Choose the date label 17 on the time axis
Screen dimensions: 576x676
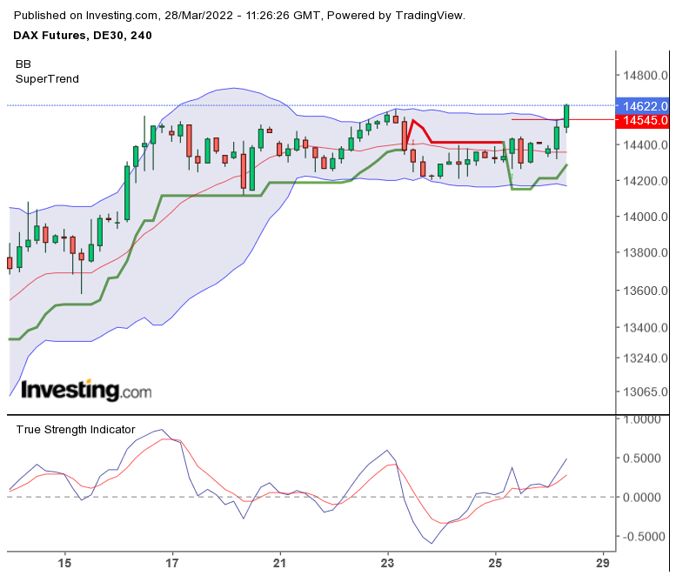click(172, 563)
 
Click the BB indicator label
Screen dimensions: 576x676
click(23, 64)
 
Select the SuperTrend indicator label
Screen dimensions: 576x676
click(47, 79)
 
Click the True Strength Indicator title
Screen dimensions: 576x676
click(75, 429)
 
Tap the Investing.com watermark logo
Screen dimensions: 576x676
click(85, 390)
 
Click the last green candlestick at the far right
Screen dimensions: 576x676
click(566, 116)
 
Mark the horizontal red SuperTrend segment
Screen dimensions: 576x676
click(465, 142)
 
